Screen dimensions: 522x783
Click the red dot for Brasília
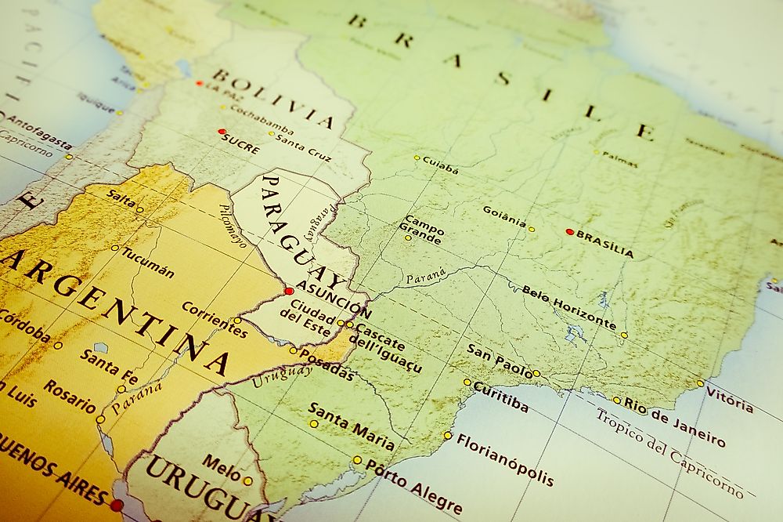click(x=569, y=232)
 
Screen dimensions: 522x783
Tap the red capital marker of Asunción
click(x=289, y=291)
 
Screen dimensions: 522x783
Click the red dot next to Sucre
click(x=222, y=132)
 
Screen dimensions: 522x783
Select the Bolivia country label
click(x=273, y=99)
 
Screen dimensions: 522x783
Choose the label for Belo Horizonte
click(x=569, y=307)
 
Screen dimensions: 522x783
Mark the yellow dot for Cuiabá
click(x=417, y=158)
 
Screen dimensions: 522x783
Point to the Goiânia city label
click(x=504, y=216)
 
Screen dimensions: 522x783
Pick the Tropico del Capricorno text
click(x=669, y=452)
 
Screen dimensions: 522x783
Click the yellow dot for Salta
click(x=139, y=209)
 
